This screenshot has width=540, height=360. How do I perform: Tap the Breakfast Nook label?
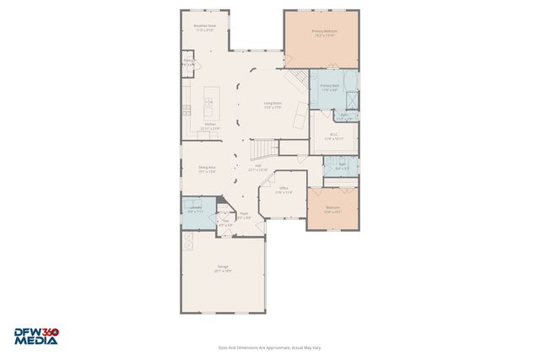tap(205, 27)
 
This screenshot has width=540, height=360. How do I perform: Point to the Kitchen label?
tap(209, 126)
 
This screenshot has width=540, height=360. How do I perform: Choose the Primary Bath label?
tap(330, 88)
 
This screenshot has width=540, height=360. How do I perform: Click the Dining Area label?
tap(207, 169)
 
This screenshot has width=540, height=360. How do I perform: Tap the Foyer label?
tap(244, 216)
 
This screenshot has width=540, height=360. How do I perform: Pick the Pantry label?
tap(189, 62)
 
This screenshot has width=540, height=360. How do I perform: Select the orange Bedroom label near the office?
tap(332, 209)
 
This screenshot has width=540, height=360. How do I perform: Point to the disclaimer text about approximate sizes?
tap(270, 347)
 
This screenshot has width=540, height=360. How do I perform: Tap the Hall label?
tap(257, 168)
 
